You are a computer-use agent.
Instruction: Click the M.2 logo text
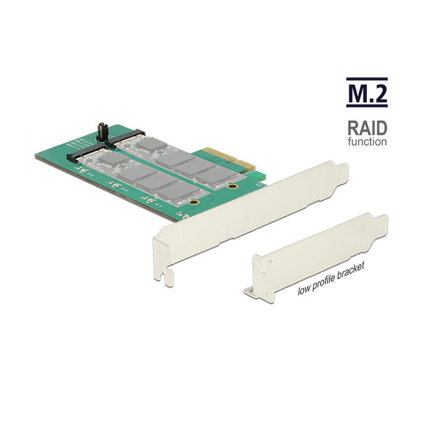(367, 93)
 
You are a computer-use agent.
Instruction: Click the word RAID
(367, 128)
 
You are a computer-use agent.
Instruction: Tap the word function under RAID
(367, 142)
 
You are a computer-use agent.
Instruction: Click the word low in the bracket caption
(304, 289)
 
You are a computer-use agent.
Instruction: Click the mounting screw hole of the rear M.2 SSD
(232, 187)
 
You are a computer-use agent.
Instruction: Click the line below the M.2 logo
(367, 107)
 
